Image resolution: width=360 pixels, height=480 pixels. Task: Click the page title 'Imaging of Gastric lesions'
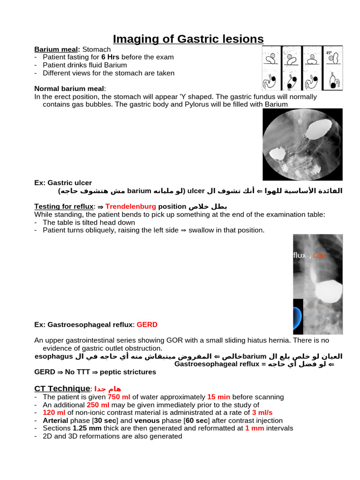pyautogui.click(x=188, y=39)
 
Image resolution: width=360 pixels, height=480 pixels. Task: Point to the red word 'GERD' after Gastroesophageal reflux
pyautogui.click(x=147, y=324)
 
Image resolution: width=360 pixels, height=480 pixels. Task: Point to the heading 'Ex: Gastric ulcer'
pyautogui.click(x=63, y=183)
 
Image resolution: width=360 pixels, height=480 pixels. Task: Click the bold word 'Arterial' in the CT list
pyautogui.click(x=56, y=421)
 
